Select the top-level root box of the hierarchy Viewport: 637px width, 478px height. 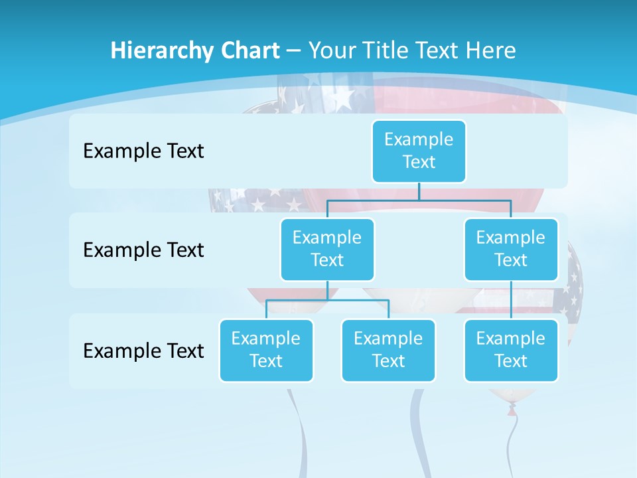click(419, 151)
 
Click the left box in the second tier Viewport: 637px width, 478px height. click(327, 249)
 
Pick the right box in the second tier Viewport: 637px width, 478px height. click(511, 249)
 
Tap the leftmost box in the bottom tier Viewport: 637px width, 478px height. click(266, 350)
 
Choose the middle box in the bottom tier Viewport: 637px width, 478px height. click(388, 350)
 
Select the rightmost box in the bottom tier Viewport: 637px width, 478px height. click(511, 350)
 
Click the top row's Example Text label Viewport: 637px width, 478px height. click(143, 151)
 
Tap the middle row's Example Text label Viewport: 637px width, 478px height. click(143, 250)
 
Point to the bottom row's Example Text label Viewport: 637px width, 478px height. click(143, 351)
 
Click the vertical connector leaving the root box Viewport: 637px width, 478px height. click(419, 191)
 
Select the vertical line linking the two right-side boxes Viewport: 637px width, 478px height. click(511, 299)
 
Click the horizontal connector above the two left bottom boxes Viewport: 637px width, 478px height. click(327, 300)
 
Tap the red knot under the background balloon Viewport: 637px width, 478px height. click(511, 412)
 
